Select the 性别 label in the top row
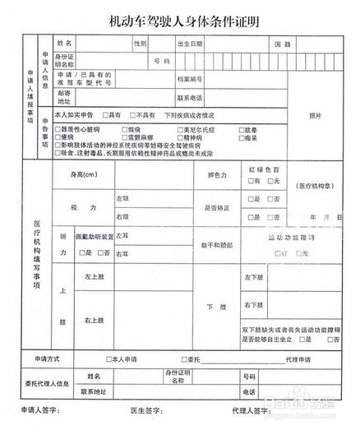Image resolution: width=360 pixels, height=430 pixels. tap(139, 43)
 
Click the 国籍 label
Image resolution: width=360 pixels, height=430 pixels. tap(282, 43)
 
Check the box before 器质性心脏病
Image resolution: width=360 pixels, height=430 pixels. tap(57, 130)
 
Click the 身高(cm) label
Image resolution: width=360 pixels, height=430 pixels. tap(83, 174)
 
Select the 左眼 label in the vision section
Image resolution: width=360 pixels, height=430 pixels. tap(122, 198)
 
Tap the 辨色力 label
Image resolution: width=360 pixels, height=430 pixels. tap(217, 174)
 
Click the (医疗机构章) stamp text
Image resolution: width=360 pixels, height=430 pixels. tap(313, 186)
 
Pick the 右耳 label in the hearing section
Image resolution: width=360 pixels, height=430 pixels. tap(122, 254)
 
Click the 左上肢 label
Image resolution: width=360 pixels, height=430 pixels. tap(93, 277)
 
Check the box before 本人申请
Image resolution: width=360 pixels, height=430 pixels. tap(108, 359)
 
